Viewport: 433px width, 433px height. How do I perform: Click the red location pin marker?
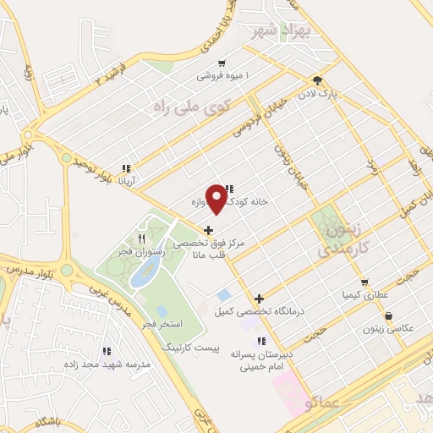217,198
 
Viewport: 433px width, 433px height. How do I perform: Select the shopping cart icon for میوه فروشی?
222,63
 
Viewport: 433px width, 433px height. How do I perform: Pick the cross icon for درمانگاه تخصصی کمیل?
260,299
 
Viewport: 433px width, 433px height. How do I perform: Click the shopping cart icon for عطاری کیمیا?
364,282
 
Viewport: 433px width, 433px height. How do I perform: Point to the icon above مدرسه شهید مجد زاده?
107,349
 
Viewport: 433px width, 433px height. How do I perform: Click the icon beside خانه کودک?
230,189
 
